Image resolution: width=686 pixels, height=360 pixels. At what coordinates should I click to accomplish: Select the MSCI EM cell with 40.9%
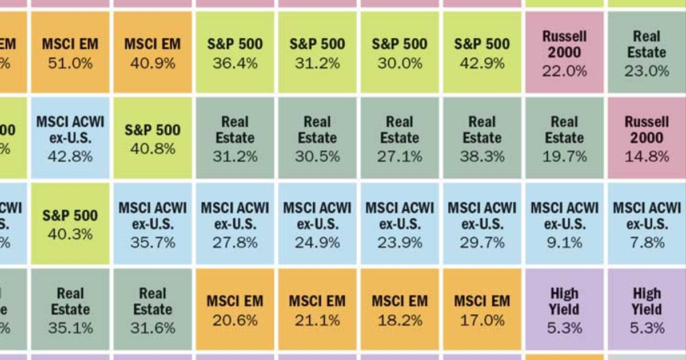pyautogui.click(x=152, y=53)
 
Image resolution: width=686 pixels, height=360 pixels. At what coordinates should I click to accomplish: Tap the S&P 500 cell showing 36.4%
pyautogui.click(x=234, y=53)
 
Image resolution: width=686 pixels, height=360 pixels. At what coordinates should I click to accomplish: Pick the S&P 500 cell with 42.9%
pyautogui.click(x=482, y=53)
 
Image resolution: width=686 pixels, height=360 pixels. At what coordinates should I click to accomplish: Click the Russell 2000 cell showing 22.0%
pyautogui.click(x=564, y=53)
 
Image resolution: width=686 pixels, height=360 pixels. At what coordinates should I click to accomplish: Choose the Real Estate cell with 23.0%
pyautogui.click(x=647, y=53)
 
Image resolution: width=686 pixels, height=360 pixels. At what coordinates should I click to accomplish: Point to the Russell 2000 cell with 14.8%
pyautogui.click(x=647, y=138)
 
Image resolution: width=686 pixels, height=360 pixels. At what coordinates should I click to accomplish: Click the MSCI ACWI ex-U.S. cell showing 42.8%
pyautogui.click(x=70, y=138)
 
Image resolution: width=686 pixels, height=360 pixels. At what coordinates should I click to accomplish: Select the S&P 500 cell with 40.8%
pyautogui.click(x=152, y=138)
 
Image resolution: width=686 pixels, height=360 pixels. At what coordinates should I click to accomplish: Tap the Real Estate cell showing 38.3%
pyautogui.click(x=482, y=138)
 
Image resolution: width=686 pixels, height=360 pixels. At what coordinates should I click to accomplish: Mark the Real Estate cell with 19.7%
pyautogui.click(x=564, y=138)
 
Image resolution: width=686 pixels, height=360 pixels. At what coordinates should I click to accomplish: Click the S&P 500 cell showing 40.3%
pyautogui.click(x=70, y=224)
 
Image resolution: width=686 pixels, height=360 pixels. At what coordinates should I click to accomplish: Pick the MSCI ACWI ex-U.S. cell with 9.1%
pyautogui.click(x=564, y=224)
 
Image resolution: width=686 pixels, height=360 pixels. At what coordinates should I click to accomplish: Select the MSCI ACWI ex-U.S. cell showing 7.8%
pyautogui.click(x=647, y=224)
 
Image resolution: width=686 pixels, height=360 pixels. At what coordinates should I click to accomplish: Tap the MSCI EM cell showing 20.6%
pyautogui.click(x=234, y=310)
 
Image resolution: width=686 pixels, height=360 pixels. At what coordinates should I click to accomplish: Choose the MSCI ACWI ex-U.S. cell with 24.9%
pyautogui.click(x=317, y=224)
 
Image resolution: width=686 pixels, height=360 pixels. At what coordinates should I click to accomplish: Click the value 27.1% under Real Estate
pyautogui.click(x=400, y=156)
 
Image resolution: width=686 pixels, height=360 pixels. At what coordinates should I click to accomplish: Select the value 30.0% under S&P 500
pyautogui.click(x=400, y=63)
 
